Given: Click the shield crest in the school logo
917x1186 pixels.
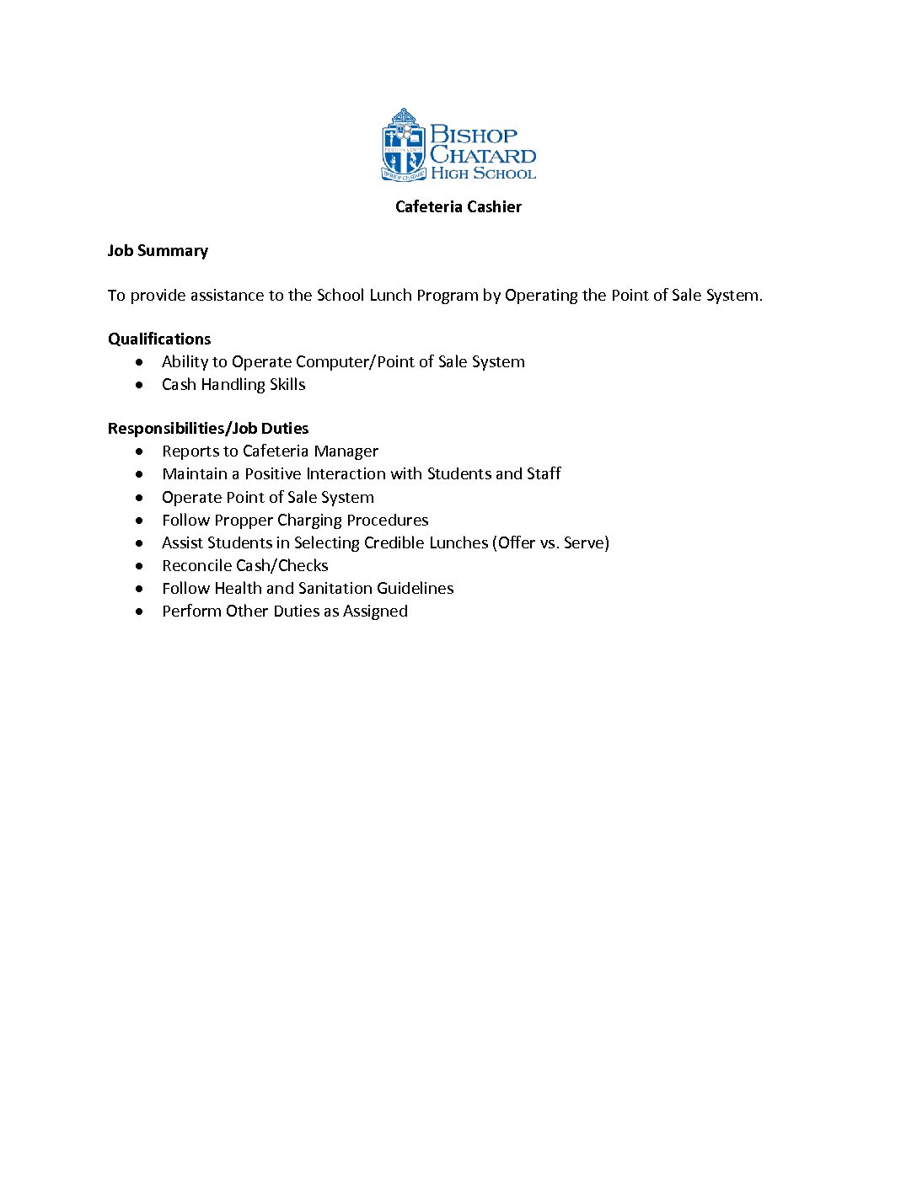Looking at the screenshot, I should pyautogui.click(x=403, y=145).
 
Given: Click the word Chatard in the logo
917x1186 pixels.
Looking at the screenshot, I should pyautogui.click(x=483, y=155).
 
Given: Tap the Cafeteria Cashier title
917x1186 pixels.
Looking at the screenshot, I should pyautogui.click(x=458, y=207).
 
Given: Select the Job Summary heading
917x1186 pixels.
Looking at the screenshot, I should pyautogui.click(x=158, y=251).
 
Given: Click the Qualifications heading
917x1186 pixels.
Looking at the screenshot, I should pyautogui.click(x=159, y=339).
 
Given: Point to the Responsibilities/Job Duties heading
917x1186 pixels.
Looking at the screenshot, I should pyautogui.click(x=208, y=429).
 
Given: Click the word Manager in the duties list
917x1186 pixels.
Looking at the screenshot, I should pyautogui.click(x=346, y=451).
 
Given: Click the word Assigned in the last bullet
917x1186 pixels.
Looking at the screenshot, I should pyautogui.click(x=375, y=612).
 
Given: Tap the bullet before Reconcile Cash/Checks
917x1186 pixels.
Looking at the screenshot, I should pyautogui.click(x=139, y=566).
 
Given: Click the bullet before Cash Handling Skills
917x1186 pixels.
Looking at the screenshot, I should pyautogui.click(x=139, y=385).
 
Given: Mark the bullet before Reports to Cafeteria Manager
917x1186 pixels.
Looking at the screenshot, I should pyautogui.click(x=139, y=451).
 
